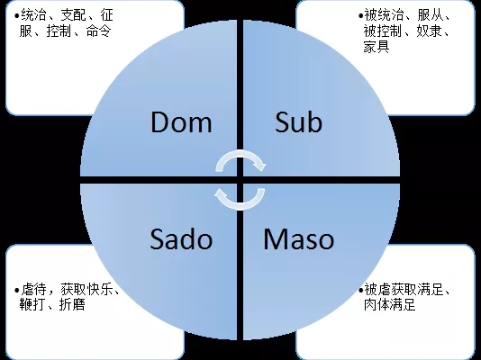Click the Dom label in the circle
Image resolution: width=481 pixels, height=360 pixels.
point(181,121)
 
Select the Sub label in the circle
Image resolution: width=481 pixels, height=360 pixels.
point(298,121)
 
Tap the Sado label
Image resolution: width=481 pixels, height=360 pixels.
point(181,239)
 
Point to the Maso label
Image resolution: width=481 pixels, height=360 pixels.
point(299,239)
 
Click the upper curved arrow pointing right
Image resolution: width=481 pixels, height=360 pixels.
point(240,153)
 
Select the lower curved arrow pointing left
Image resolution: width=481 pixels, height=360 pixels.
point(240,207)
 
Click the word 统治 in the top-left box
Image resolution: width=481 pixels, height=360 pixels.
point(33,15)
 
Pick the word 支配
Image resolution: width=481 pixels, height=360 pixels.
point(73,15)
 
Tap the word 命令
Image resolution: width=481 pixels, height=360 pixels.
point(99,31)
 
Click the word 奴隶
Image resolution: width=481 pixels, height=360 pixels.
point(429,31)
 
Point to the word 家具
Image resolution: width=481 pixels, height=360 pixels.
point(377,47)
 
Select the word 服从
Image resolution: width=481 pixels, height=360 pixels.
point(430,15)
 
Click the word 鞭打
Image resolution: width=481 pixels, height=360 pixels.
point(32,304)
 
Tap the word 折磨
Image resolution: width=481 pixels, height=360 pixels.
point(72,304)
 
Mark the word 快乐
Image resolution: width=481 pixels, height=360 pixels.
point(100,289)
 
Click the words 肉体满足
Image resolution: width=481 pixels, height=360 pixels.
point(390,304)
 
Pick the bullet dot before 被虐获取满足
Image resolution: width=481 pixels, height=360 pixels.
point(360,290)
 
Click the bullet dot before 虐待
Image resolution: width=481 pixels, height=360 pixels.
point(16,290)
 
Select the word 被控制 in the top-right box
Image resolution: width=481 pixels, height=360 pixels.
point(383,31)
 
